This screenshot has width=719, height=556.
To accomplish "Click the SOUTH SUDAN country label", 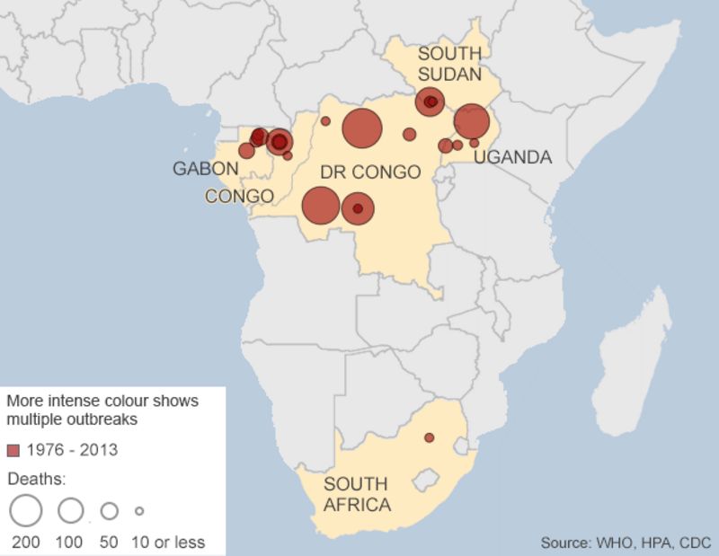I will coord(449,63).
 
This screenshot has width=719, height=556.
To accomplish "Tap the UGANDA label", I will coord(512,157).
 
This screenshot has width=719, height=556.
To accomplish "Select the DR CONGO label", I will coord(370,172).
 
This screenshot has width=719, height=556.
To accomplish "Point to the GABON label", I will coord(206,169).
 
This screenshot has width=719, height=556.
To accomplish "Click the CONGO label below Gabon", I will coord(239,196).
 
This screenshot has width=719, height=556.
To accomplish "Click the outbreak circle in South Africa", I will coord(429,437).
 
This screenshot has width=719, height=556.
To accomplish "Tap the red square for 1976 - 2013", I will coord(13,449).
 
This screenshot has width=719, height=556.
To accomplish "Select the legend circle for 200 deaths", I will coord(26,510).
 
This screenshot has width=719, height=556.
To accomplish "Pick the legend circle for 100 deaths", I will coord(70,510).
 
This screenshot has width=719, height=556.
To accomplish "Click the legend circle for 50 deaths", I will coord(110,510).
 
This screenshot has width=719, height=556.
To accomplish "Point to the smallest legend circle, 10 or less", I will coord(139,510).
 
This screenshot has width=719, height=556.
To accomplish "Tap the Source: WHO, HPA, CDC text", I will coord(626,543).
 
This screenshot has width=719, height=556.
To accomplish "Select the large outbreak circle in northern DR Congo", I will coord(362,128).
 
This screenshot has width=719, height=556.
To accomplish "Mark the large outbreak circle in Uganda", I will coord(471,121).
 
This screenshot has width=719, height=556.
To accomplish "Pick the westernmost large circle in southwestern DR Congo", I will coord(320,206).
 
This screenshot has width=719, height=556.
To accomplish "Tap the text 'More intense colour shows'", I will coord(102,400).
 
